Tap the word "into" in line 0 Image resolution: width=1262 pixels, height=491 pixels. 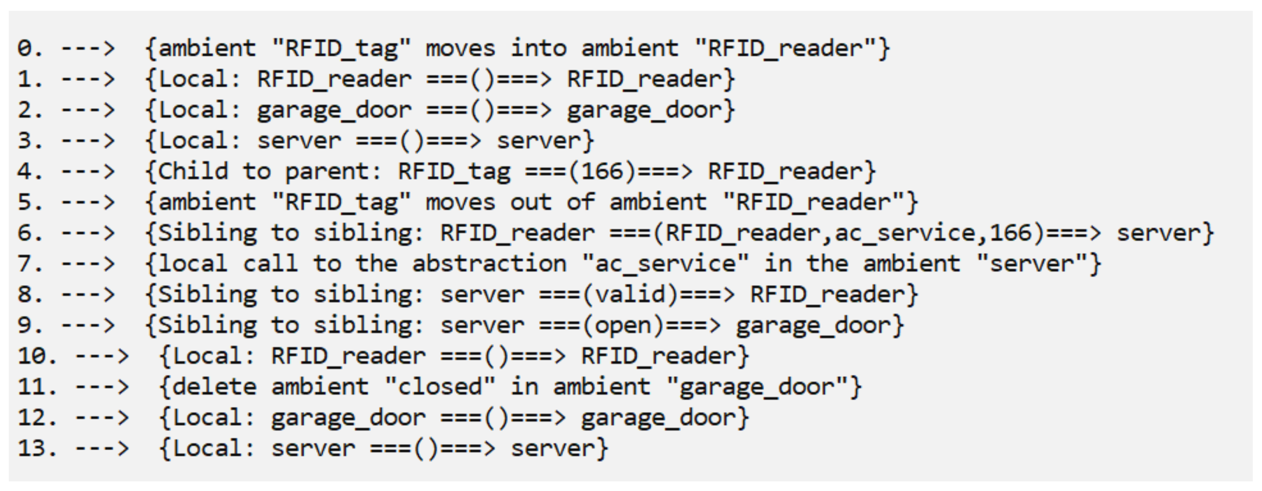(538, 48)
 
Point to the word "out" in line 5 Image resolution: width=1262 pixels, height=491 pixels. (531, 202)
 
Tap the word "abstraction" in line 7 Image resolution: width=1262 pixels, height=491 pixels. (489, 264)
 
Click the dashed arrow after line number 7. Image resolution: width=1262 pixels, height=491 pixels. (88, 264)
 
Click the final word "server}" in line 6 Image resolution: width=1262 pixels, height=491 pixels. (1165, 233)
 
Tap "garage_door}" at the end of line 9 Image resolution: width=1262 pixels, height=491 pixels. (820, 325)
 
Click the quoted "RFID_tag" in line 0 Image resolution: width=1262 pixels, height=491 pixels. (341, 48)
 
